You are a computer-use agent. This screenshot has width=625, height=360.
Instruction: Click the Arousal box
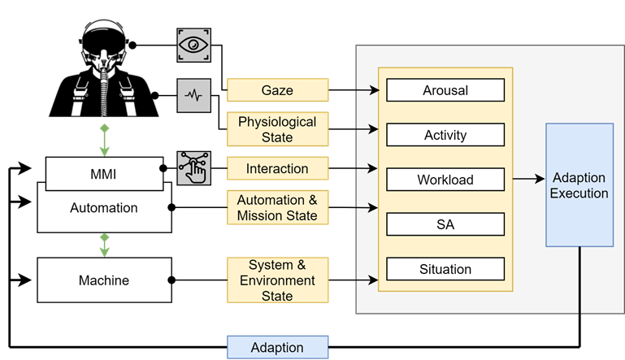(445, 89)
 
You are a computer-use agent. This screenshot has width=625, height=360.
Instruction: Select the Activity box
(445, 134)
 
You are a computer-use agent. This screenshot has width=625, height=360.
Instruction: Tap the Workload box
(445, 179)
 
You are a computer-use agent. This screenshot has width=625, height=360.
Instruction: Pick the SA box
(445, 223)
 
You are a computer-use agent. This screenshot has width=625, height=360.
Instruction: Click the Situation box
(445, 268)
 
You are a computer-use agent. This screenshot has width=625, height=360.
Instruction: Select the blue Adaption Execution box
(579, 185)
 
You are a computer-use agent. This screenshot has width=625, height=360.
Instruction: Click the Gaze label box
(277, 89)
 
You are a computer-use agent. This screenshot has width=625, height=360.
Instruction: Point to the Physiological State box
(277, 129)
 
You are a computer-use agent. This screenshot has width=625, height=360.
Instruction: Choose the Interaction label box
(277, 169)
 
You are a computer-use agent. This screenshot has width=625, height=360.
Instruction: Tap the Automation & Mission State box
(277, 207)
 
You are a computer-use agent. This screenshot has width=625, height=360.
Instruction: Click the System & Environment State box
(277, 280)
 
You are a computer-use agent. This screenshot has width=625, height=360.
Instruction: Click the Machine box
(103, 280)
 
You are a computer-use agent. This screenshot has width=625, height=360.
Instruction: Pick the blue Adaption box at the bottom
(277, 347)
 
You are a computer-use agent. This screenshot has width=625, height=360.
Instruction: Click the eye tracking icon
(193, 44)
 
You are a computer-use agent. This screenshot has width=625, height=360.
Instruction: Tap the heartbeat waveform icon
(193, 95)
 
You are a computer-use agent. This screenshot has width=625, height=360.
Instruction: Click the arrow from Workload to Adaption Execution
(528, 179)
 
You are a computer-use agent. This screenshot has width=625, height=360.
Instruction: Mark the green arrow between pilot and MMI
(103, 140)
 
